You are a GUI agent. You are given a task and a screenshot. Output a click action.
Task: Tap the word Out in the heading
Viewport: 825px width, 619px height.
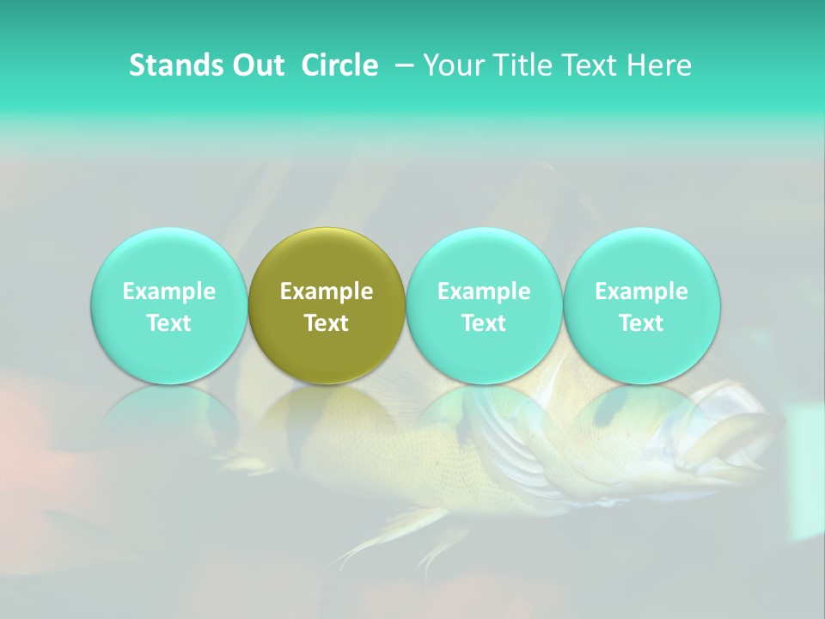255,65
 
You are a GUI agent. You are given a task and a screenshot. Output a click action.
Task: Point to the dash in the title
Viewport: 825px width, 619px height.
401,65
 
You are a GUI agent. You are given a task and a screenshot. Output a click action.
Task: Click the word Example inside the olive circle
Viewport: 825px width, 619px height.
327,291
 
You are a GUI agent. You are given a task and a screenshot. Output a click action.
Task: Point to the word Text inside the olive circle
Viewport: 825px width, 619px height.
327,323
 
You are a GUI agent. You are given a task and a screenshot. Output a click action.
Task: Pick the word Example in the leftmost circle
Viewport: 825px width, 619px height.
168,291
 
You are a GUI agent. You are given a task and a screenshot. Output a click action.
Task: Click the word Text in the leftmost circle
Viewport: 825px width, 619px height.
168,323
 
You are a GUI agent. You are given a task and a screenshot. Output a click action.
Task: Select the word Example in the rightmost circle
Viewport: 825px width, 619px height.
641,291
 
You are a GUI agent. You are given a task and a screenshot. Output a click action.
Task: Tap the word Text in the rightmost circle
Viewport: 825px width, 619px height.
641,323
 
